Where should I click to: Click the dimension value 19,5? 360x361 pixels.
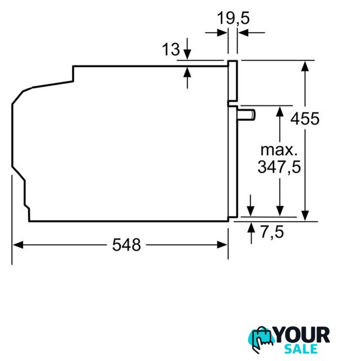233,18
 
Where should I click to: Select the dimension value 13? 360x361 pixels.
170,49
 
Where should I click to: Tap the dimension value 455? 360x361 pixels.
305,119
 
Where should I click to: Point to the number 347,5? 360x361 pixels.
279,167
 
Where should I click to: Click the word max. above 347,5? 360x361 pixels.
279,150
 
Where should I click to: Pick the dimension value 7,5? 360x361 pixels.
272,232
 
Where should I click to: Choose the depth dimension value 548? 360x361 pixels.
126,245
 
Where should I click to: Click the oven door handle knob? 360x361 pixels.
246,115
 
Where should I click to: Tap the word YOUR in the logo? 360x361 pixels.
302,335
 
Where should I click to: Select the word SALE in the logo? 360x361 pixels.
301,349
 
